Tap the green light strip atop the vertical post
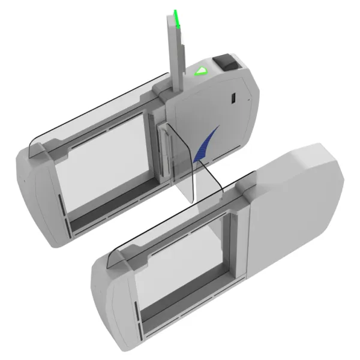[178, 19]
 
